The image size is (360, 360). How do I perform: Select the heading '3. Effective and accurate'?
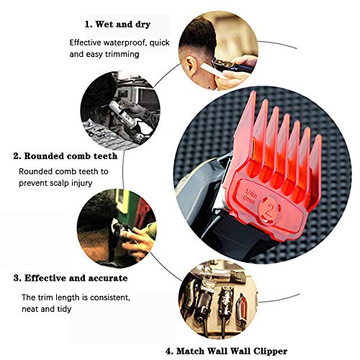71,277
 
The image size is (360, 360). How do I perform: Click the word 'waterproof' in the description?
127,42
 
